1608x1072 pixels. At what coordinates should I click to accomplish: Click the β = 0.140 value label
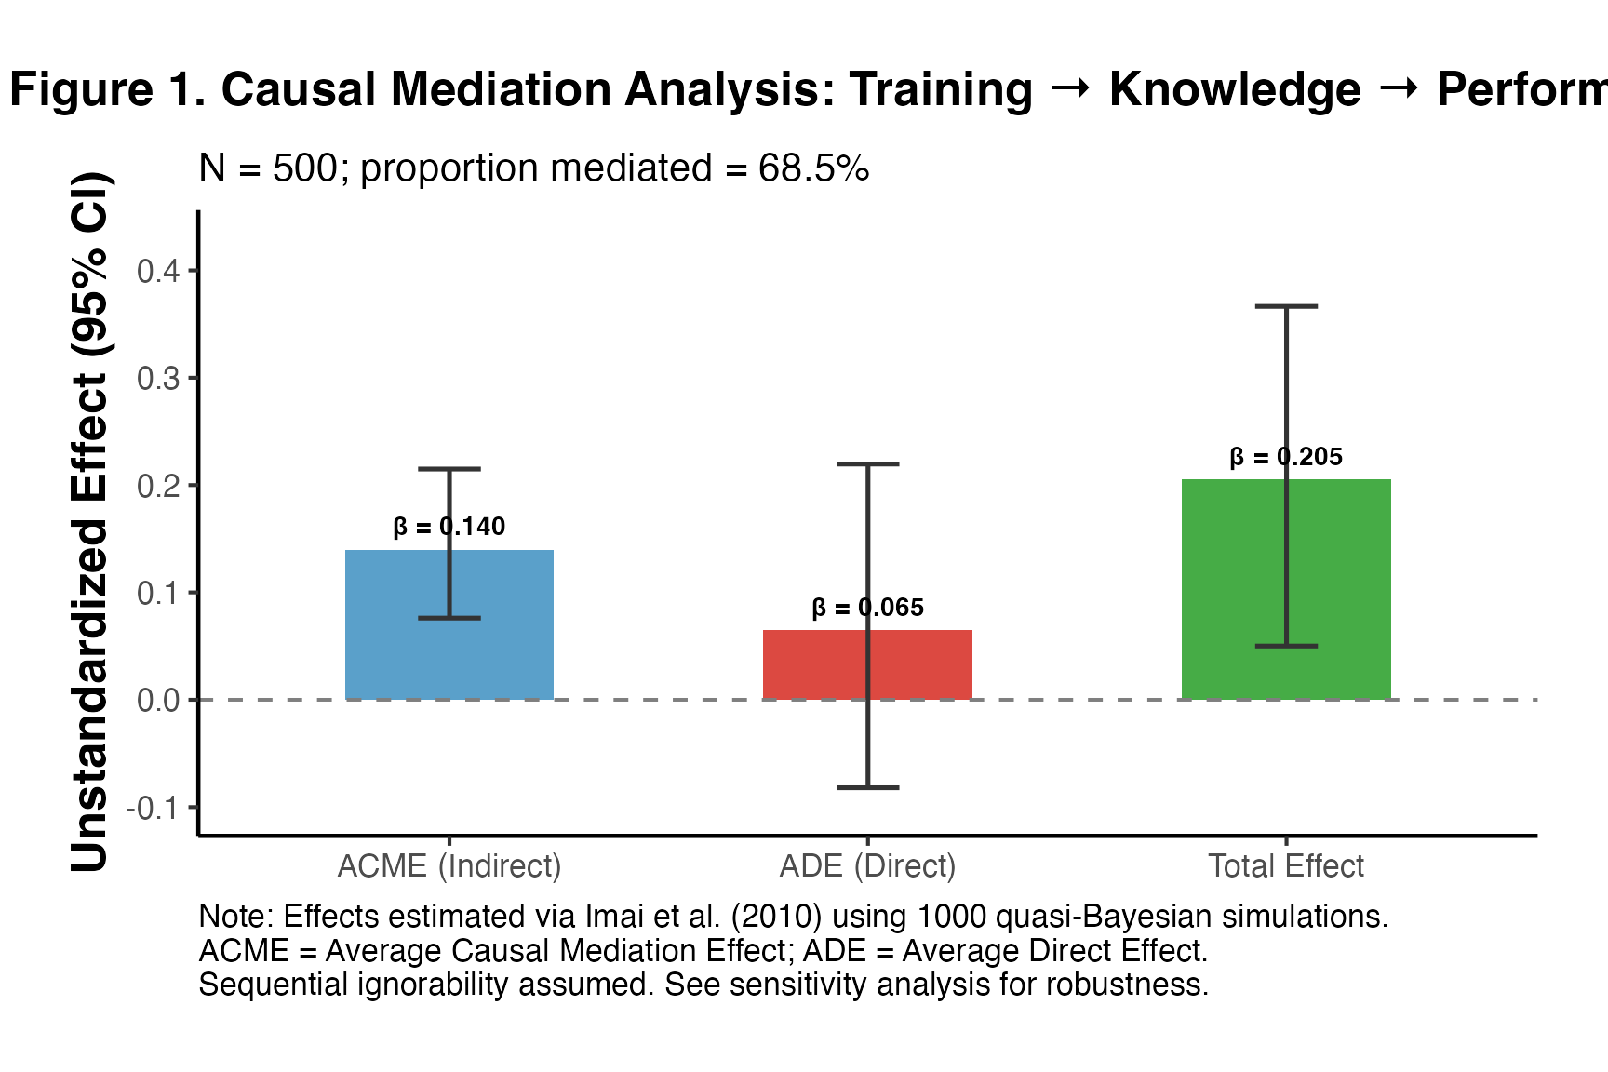(x=449, y=527)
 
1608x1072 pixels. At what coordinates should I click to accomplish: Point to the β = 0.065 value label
(x=868, y=608)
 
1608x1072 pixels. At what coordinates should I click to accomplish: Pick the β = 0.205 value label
(x=1286, y=457)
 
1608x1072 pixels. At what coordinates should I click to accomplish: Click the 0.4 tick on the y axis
(x=158, y=271)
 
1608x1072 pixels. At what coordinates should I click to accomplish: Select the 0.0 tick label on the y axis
(x=158, y=700)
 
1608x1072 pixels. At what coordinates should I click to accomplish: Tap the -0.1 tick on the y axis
(x=154, y=808)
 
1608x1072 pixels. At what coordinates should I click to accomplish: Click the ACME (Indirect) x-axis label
(x=449, y=866)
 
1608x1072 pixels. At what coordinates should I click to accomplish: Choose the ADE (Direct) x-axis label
(x=868, y=866)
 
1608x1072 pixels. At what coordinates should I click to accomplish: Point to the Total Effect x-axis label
(x=1286, y=866)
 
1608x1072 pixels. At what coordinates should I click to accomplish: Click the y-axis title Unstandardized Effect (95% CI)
(x=90, y=521)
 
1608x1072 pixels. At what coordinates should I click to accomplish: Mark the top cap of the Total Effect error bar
(x=1286, y=306)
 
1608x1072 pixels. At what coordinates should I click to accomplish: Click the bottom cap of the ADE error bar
(x=868, y=787)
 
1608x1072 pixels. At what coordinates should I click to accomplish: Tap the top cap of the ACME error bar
(x=449, y=469)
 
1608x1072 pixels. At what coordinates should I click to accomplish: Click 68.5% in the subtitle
(x=813, y=168)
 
